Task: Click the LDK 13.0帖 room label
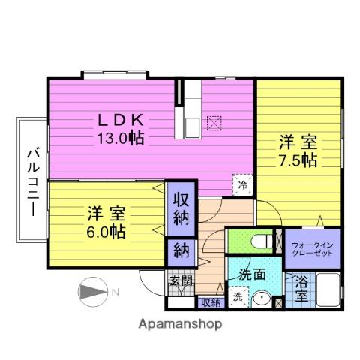click(120, 129)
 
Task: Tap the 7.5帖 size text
click(298, 160)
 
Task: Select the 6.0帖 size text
click(106, 232)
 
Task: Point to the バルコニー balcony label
click(33, 182)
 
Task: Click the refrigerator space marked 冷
click(243, 185)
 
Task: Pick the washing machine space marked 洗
click(238, 296)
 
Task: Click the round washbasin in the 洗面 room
click(262, 298)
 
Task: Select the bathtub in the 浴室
click(328, 289)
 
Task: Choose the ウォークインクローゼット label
click(313, 248)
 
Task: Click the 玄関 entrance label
click(181, 280)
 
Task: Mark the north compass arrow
click(93, 292)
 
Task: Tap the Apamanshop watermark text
click(180, 324)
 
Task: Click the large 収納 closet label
click(181, 209)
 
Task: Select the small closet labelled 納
click(181, 250)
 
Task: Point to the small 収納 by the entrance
click(211, 303)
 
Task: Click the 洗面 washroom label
click(251, 274)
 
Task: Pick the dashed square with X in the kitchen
click(214, 123)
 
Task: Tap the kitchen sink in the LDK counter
click(193, 127)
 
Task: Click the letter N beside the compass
click(115, 292)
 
